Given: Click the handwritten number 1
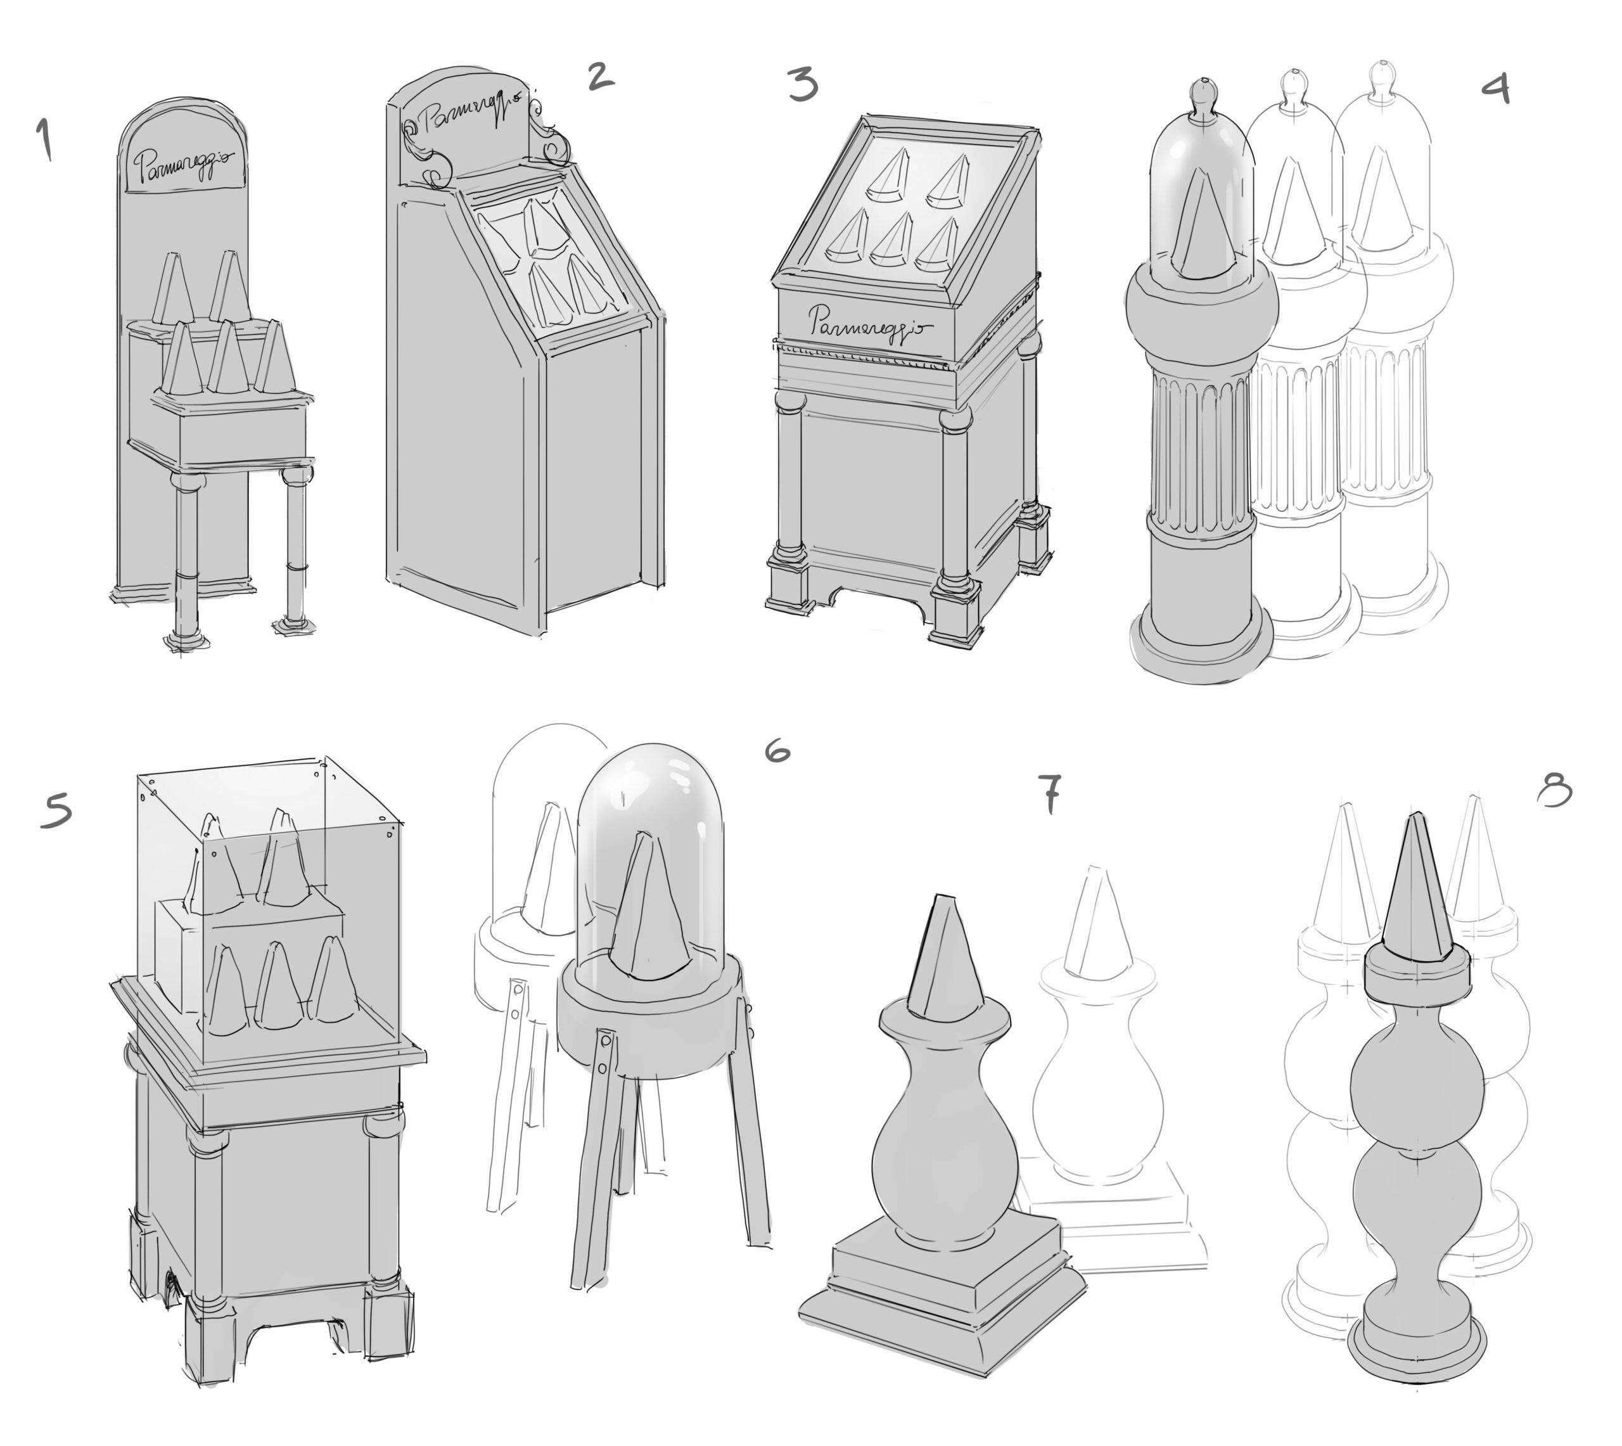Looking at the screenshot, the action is [x=44, y=139].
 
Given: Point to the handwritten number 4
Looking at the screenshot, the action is [x=1495, y=87].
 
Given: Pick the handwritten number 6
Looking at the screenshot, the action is [x=777, y=749].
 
